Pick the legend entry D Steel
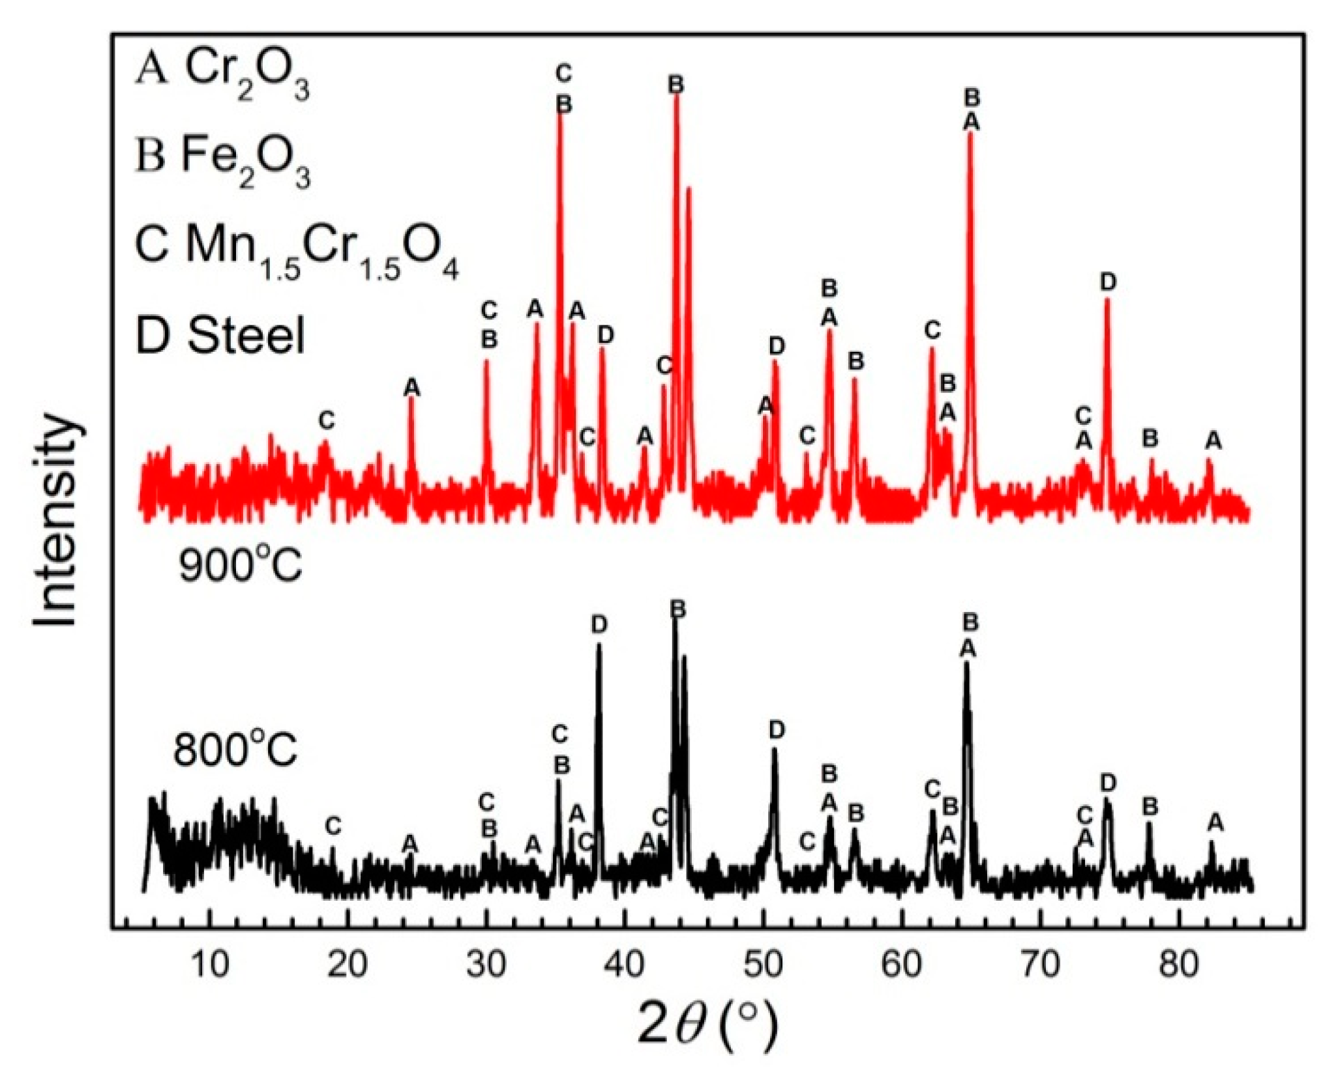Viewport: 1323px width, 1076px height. click(x=220, y=336)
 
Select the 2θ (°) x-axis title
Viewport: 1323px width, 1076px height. click(x=707, y=1022)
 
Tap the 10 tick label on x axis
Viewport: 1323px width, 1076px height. click(x=210, y=965)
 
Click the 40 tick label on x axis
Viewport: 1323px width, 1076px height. click(x=625, y=965)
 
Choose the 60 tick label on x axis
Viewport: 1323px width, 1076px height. click(x=902, y=965)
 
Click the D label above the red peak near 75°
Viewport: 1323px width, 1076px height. click(x=1108, y=282)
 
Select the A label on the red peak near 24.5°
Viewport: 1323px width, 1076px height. click(x=411, y=388)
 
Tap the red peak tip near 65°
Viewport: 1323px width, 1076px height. click(x=970, y=134)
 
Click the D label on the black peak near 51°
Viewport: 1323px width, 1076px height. click(x=776, y=731)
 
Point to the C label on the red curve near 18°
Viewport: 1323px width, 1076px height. click(x=327, y=420)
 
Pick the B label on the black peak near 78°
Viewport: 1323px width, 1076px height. click(x=1150, y=807)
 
